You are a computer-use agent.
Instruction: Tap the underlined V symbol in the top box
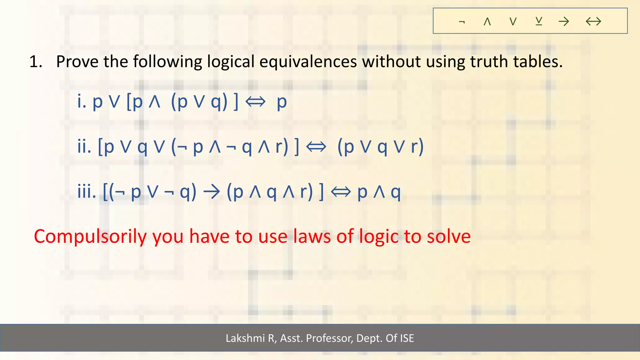pyautogui.click(x=539, y=21)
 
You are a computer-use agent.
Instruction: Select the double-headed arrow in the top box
pyautogui.click(x=593, y=21)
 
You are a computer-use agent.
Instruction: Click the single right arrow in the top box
pyautogui.click(x=564, y=21)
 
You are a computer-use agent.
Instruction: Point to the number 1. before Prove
pyautogui.click(x=36, y=62)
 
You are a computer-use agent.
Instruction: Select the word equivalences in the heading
pyautogui.click(x=308, y=62)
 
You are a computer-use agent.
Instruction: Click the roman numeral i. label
pyautogui.click(x=82, y=101)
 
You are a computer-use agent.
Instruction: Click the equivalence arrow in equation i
pyautogui.click(x=255, y=102)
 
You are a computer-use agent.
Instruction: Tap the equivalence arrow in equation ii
pyautogui.click(x=316, y=147)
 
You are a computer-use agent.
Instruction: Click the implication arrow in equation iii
pyautogui.click(x=212, y=192)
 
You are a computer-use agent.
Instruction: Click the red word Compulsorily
pyautogui.click(x=90, y=237)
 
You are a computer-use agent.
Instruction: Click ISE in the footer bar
pyautogui.click(x=407, y=338)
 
